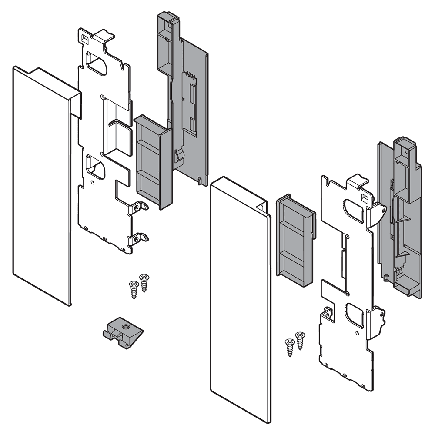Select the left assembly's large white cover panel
(41, 187)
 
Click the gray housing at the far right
(400, 217)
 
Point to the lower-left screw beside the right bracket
(289, 347)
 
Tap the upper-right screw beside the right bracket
(300, 339)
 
